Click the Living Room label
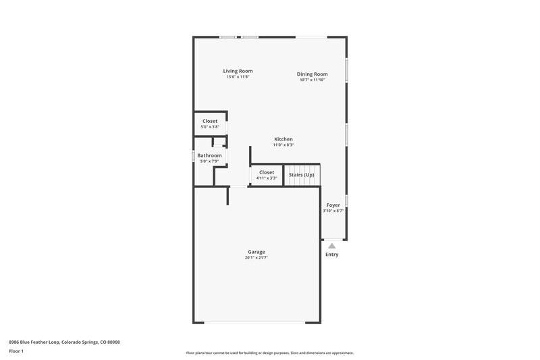(238, 71)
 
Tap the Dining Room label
(312, 74)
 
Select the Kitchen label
(283, 139)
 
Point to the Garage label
(256, 252)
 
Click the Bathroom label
(209, 155)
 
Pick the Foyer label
(333, 205)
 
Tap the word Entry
(331, 255)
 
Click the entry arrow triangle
(331, 246)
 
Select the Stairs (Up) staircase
(301, 175)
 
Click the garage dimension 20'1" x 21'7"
(256, 257)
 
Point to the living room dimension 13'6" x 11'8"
(238, 77)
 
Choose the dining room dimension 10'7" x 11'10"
(312, 80)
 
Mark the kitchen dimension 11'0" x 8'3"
(283, 145)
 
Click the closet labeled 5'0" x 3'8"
(210, 124)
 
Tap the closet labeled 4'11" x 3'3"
(267, 175)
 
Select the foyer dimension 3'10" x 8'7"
(333, 211)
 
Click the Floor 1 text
(16, 352)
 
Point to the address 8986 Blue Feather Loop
(63, 342)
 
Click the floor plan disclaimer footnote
(269, 353)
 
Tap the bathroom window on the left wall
(193, 156)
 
